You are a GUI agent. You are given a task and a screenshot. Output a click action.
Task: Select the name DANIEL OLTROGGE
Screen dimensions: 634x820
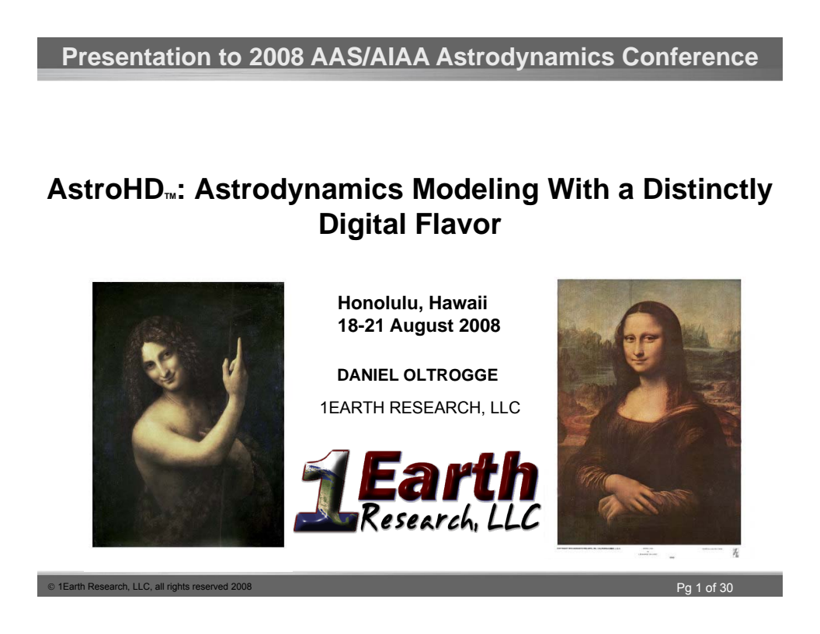pos(417,376)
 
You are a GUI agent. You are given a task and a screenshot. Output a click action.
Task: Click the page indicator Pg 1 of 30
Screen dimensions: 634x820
pos(704,587)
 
